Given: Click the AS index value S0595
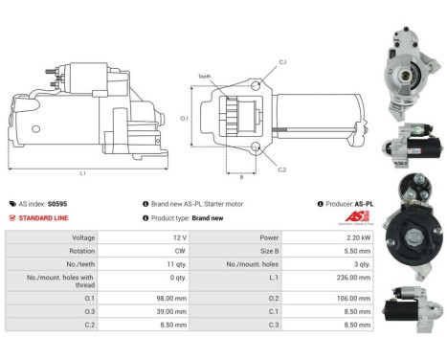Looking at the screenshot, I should point(57,204).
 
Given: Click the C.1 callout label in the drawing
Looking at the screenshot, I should point(282,61).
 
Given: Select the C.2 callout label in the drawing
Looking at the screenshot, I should point(282,169).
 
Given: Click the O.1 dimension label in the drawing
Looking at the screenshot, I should point(185,119).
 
